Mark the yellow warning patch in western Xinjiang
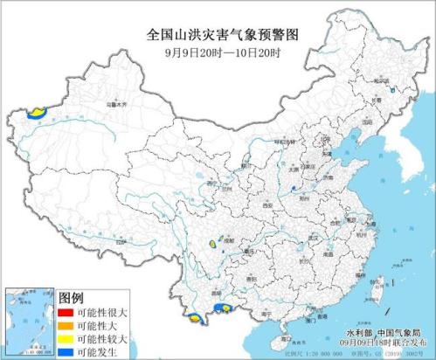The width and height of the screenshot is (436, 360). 37,112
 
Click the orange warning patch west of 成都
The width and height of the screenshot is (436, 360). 212,245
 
